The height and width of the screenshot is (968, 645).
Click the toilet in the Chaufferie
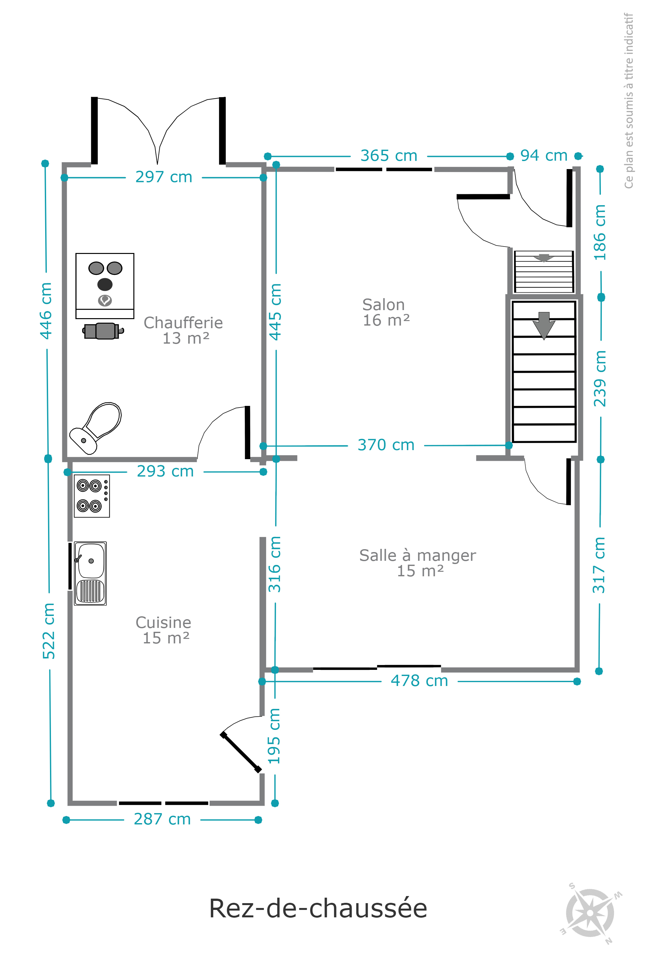(x=95, y=428)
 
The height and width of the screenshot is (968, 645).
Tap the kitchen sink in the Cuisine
(x=91, y=573)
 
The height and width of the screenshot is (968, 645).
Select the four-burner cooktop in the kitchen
(x=92, y=496)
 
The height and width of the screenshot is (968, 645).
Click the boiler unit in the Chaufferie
(x=105, y=286)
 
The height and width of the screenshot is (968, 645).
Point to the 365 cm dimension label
(x=389, y=156)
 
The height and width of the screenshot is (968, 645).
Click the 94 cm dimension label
(x=544, y=156)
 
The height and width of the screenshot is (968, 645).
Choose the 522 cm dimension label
(x=49, y=630)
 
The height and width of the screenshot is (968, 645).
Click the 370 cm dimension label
(x=386, y=445)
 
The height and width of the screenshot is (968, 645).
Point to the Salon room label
(x=385, y=312)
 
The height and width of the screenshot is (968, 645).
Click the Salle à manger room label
(x=418, y=563)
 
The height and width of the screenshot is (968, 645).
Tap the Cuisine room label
(x=164, y=630)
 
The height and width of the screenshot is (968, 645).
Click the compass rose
(x=590, y=913)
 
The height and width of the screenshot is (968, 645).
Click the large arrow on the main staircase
(x=544, y=326)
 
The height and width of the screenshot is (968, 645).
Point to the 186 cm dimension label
(x=600, y=233)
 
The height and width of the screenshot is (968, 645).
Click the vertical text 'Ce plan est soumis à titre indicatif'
(x=629, y=100)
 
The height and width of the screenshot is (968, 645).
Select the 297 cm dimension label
(x=164, y=177)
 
